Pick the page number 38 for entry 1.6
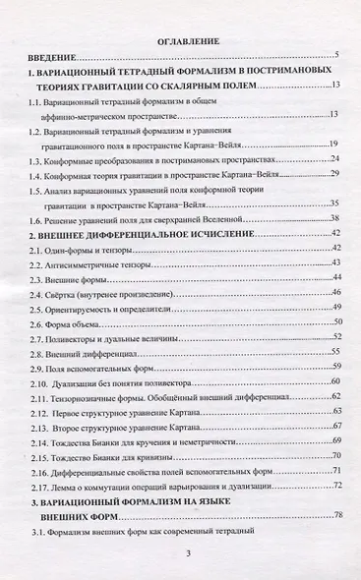[334, 218]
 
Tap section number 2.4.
[35, 295]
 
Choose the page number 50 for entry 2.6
[334, 321]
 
